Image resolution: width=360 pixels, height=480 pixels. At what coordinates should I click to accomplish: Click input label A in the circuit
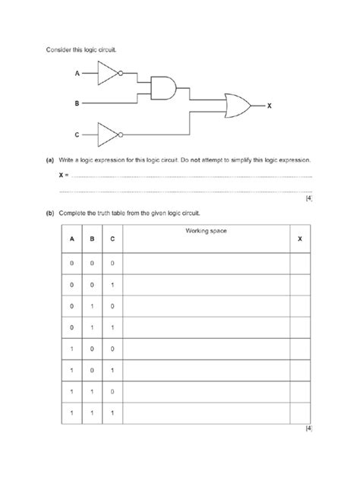pyautogui.click(x=76, y=74)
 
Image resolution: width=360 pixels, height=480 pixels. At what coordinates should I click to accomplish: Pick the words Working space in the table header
pyautogui.click(x=205, y=230)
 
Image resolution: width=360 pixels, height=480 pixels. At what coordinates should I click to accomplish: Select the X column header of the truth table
pyautogui.click(x=299, y=238)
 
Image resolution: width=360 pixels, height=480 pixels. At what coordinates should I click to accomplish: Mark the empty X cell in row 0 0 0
pyautogui.click(x=299, y=263)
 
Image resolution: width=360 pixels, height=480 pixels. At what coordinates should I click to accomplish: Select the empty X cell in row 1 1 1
pyautogui.click(x=299, y=413)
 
